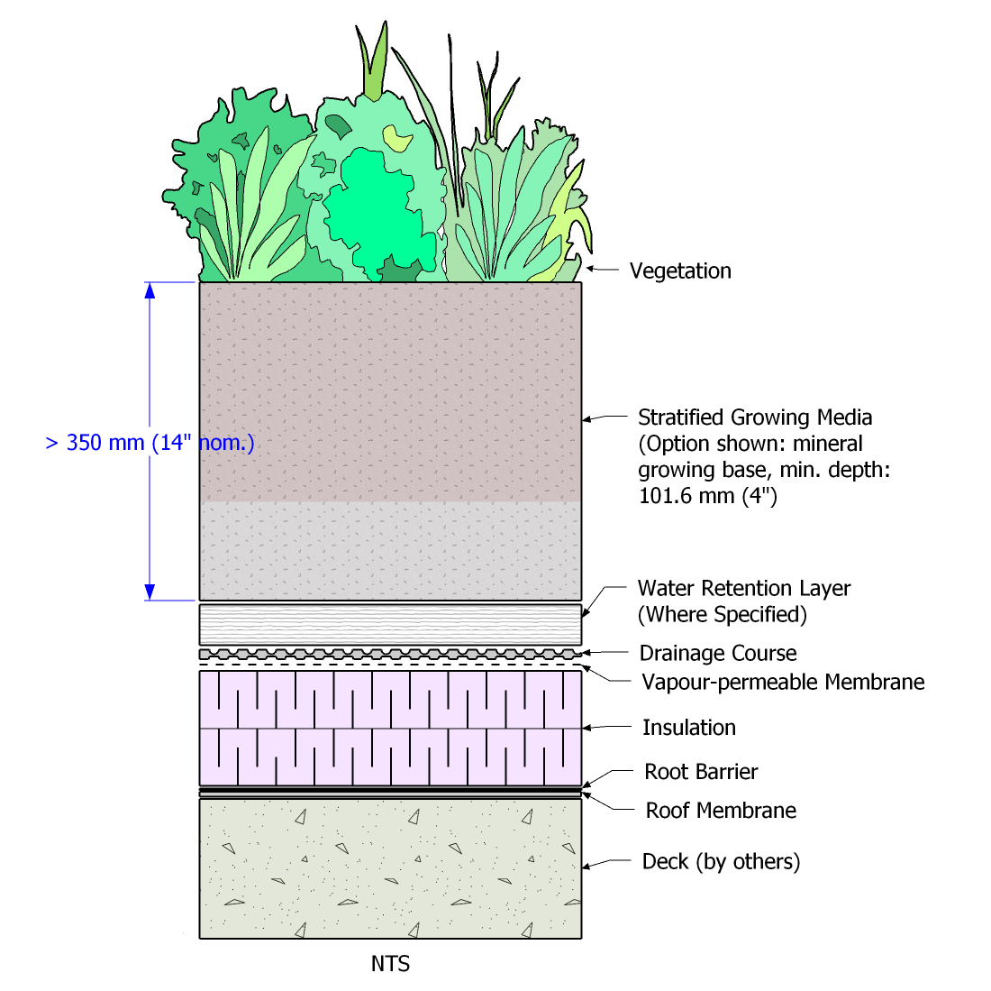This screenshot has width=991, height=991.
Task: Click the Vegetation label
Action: pyautogui.click(x=680, y=271)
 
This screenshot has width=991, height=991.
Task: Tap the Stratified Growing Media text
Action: pyautogui.click(x=755, y=418)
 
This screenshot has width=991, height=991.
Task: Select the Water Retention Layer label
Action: pyautogui.click(x=743, y=589)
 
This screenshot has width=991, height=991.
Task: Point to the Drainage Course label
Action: pyautogui.click(x=718, y=653)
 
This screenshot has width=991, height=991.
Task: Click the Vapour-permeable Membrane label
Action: pyautogui.click(x=783, y=682)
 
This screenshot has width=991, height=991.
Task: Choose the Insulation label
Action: pyautogui.click(x=689, y=728)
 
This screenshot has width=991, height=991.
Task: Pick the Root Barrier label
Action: pyautogui.click(x=701, y=772)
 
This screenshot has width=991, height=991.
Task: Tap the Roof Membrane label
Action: pyautogui.click(x=721, y=811)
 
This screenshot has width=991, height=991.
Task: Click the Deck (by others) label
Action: pyautogui.click(x=721, y=862)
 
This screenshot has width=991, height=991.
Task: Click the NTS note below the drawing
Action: pyautogui.click(x=390, y=964)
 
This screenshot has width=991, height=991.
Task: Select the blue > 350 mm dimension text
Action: pyautogui.click(x=150, y=443)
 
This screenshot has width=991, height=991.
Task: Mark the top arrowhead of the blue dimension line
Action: pyautogui.click(x=150, y=290)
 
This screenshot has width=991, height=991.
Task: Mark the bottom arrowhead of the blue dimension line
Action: pyautogui.click(x=150, y=592)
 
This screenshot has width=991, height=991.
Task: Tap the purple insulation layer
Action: pyautogui.click(x=390, y=728)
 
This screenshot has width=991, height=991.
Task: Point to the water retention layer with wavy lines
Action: pyautogui.click(x=390, y=624)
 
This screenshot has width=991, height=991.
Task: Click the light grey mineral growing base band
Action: pyautogui.click(x=390, y=550)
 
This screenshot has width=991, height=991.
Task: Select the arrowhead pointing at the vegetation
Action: pyautogui.click(x=590, y=268)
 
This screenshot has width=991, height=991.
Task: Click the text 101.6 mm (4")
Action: pyautogui.click(x=707, y=496)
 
